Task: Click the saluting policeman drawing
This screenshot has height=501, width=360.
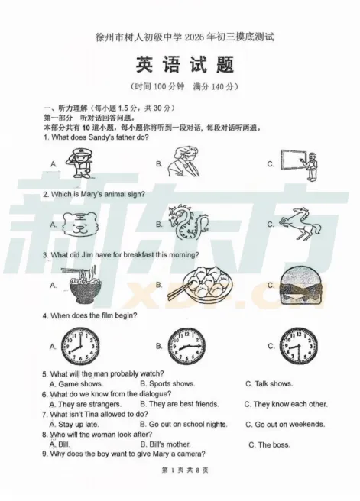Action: click(79, 163)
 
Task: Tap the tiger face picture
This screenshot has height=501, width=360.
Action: click(80, 225)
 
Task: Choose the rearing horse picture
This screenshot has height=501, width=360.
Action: click(300, 224)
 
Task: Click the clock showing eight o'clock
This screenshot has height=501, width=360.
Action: click(80, 347)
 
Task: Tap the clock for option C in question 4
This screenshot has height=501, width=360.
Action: click(299, 347)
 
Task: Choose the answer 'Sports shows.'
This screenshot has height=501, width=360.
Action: click(172, 383)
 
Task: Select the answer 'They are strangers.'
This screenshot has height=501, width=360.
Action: click(90, 404)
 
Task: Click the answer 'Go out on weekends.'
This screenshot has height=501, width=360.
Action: click(290, 425)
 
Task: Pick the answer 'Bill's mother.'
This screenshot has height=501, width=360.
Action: click(170, 444)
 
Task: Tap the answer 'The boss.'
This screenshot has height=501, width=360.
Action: click(274, 444)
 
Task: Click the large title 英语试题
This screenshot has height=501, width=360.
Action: click(185, 64)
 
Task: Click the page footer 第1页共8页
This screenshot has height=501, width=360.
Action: click(185, 470)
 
